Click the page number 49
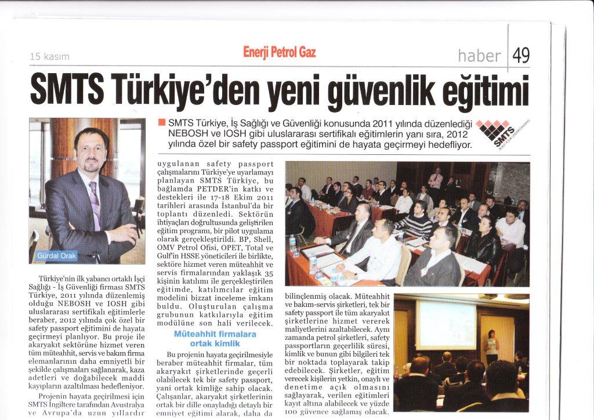point(521,56)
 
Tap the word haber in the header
point(479,56)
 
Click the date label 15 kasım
point(49,57)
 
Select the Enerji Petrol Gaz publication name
point(280,53)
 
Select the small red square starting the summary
point(161,123)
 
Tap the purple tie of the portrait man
point(95,208)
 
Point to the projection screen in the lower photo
point(446,324)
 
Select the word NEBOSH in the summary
point(186,134)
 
